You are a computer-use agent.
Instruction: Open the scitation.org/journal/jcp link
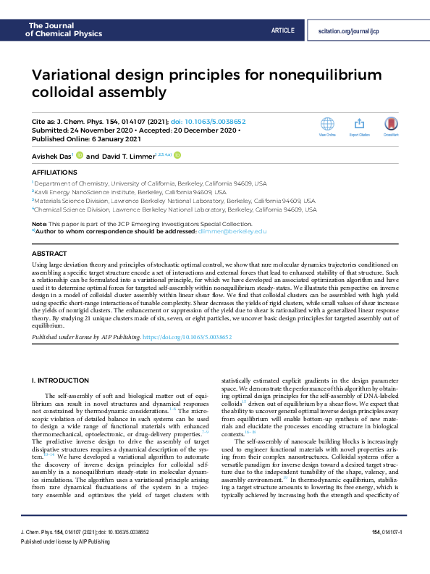(348, 31)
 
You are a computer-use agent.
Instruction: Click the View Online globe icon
(327, 124)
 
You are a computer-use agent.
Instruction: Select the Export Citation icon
(359, 124)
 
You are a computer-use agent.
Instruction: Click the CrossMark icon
(392, 124)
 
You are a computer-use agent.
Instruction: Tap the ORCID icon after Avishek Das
(80, 155)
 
